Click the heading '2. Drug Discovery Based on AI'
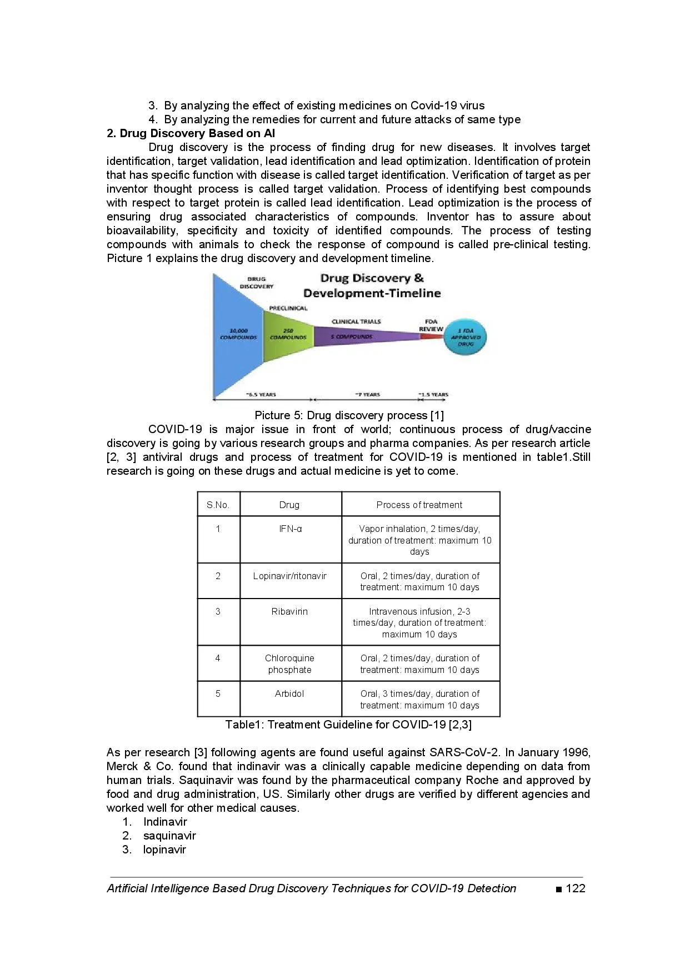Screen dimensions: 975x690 coord(191,133)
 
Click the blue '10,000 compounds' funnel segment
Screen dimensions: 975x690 coord(238,335)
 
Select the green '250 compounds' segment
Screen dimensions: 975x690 coord(288,335)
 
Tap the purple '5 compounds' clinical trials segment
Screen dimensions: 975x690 coord(356,336)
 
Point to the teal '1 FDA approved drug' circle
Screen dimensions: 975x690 coord(466,337)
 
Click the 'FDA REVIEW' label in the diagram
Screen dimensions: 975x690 coord(431,325)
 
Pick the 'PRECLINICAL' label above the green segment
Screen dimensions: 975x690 coord(288,308)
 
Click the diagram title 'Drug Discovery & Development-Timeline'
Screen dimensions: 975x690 coord(372,285)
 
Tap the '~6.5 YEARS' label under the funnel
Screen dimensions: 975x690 coord(261,395)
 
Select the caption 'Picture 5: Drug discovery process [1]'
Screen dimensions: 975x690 coord(349,415)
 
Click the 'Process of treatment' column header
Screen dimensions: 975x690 coord(419,505)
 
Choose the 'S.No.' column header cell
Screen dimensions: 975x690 coord(218,505)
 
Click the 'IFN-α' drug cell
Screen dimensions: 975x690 coord(290,529)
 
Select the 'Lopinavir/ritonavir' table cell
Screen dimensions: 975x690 coord(289,576)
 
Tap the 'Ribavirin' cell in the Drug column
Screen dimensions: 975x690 coord(289,611)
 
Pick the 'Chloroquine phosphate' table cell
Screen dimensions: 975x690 coord(289,664)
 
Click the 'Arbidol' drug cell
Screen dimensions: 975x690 coord(289,693)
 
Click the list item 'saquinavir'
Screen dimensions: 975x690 coord(169,836)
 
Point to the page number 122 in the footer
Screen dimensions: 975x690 coord(575,888)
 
